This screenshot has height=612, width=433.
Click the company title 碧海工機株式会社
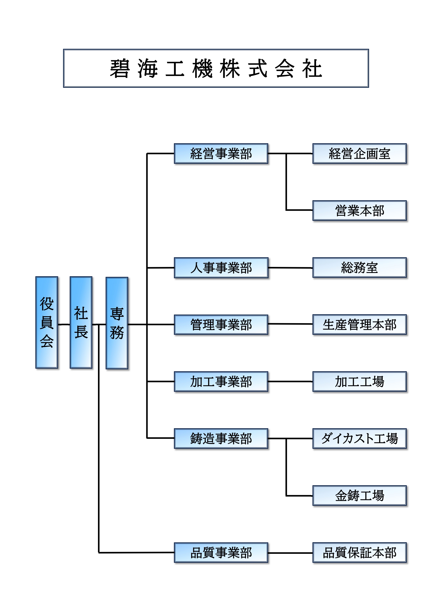tap(216, 68)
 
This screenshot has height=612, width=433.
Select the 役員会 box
tap(47, 322)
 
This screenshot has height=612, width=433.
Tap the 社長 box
tap(81, 322)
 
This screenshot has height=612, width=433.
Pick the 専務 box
tap(117, 323)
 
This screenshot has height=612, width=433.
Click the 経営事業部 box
tap(221, 153)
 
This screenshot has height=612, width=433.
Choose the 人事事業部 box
tap(221, 268)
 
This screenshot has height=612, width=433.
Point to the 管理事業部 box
tap(221, 324)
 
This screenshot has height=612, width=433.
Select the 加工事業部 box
tap(221, 381)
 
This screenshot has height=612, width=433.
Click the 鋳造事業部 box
tap(221, 439)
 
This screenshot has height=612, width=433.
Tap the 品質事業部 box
tap(221, 553)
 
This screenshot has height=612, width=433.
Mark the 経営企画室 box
tap(359, 153)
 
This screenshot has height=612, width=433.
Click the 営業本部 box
tap(359, 211)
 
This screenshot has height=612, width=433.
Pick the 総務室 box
tap(359, 268)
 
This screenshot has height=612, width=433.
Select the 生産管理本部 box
tap(359, 324)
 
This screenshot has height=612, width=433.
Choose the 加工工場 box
tap(359, 381)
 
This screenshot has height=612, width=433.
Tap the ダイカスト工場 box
tap(359, 439)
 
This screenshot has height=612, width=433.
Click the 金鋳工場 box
tap(359, 496)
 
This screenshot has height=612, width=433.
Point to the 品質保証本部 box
tap(359, 553)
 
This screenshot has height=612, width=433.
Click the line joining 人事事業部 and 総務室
tap(290, 268)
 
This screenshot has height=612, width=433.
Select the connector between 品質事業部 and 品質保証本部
tap(290, 553)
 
